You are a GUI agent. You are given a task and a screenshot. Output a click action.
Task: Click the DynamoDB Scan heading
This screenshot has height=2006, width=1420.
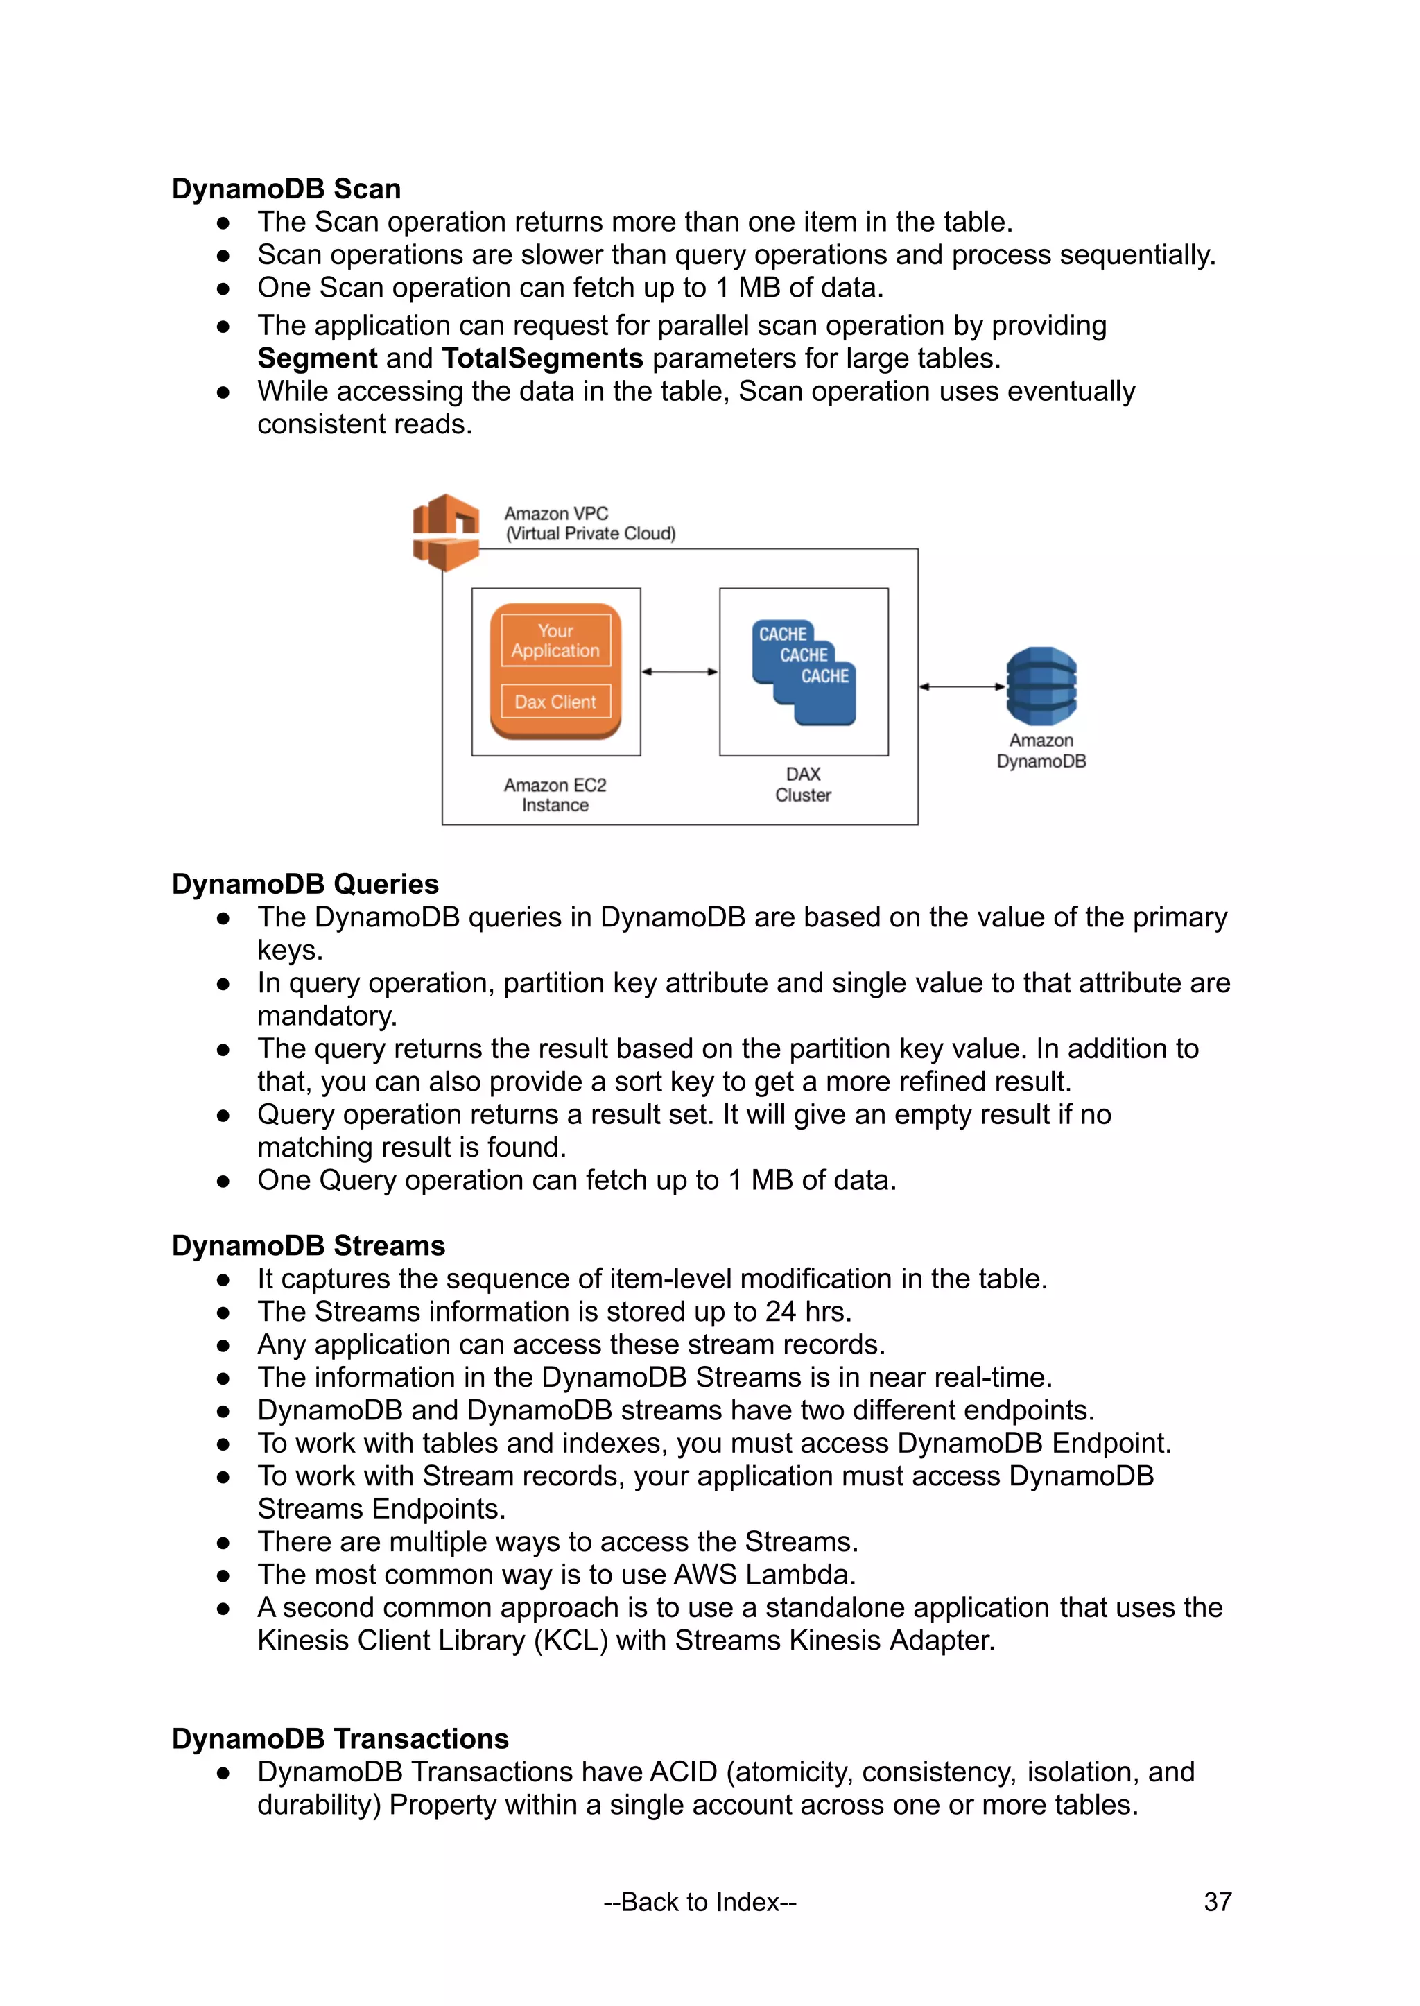tap(286, 189)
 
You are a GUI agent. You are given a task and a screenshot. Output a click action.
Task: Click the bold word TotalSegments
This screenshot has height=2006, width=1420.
tap(542, 358)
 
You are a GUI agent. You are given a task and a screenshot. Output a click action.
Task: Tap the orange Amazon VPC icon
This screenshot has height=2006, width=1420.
tap(446, 532)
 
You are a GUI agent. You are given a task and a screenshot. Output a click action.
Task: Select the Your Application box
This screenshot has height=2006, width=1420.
tap(555, 641)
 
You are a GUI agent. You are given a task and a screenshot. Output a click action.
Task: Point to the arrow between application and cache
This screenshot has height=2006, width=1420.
tap(679, 672)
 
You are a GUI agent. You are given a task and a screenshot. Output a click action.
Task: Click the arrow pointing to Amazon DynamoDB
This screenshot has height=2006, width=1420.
tap(962, 686)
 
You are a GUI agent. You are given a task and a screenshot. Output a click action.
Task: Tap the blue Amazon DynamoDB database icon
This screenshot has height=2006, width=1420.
tap(1041, 686)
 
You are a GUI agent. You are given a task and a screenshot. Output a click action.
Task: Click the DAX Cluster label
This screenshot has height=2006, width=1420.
tap(803, 784)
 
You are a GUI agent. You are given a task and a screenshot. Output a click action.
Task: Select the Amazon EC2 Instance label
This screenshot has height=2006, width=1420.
tap(555, 795)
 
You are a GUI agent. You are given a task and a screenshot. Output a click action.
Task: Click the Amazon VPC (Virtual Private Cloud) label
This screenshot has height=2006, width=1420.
tap(589, 524)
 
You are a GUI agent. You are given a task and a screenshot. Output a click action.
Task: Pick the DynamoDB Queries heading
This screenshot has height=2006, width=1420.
tap(305, 884)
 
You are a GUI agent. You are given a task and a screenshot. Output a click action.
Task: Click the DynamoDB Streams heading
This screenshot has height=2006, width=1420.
tap(308, 1245)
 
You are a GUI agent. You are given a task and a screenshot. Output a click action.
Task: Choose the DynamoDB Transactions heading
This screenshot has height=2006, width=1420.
tap(340, 1738)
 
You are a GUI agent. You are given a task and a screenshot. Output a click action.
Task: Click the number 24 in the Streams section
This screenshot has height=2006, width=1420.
tap(780, 1312)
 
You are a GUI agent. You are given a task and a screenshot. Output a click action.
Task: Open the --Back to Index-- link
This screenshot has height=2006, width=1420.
tap(700, 1902)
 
